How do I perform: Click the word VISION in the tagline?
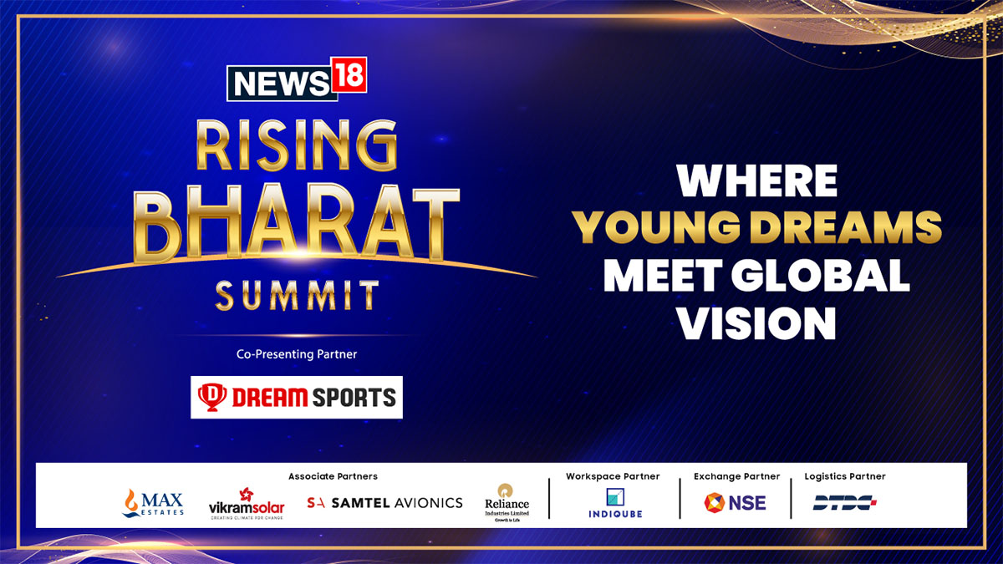(x=757, y=323)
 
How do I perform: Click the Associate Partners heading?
(x=333, y=476)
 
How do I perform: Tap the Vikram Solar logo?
(x=247, y=504)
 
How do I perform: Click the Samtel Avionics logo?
(x=384, y=503)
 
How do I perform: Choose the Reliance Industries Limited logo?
(x=507, y=500)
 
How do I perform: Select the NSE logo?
(x=735, y=503)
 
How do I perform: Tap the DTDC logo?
(x=845, y=503)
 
